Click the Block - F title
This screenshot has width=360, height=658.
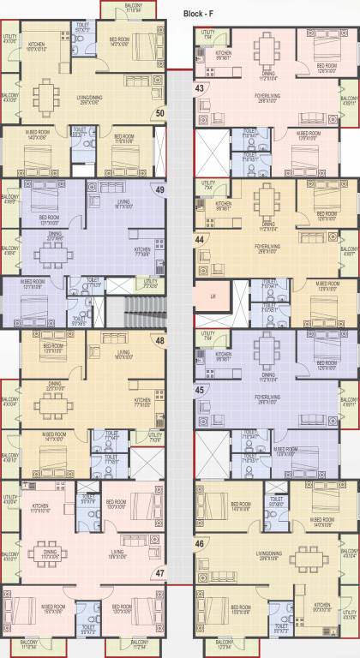click(203, 14)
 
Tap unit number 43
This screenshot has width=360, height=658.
click(199, 87)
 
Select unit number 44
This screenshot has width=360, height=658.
click(199, 241)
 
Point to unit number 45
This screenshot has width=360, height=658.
click(199, 391)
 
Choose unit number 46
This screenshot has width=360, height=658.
click(199, 542)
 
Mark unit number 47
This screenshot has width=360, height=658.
click(159, 573)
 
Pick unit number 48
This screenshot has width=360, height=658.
click(159, 340)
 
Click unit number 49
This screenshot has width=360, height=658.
click(159, 189)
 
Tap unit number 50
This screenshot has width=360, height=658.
click(159, 112)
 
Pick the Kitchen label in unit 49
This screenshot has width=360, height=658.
click(141, 252)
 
